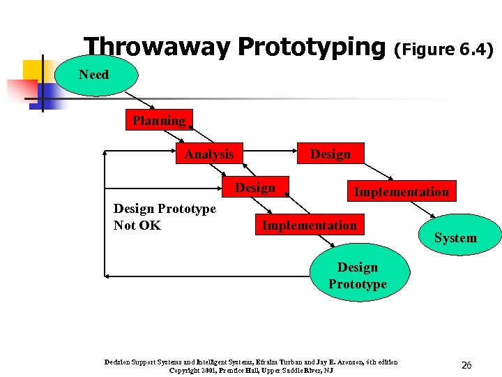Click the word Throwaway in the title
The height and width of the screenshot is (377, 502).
[158, 47]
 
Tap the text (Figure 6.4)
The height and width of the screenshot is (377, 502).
[444, 50]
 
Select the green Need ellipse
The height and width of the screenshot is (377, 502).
[93, 75]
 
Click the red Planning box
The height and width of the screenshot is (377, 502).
[159, 121]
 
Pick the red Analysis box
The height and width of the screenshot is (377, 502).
[209, 154]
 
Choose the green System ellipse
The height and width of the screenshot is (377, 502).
[455, 238]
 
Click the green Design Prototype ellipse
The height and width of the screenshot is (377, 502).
[357, 276]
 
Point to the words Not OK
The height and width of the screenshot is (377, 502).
[137, 226]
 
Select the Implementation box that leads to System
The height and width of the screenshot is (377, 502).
[401, 191]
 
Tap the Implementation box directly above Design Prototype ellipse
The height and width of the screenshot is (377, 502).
[309, 225]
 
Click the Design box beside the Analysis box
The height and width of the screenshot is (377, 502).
[330, 154]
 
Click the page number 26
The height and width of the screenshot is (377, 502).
[466, 364]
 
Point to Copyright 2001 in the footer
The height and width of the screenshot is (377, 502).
[195, 370]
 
